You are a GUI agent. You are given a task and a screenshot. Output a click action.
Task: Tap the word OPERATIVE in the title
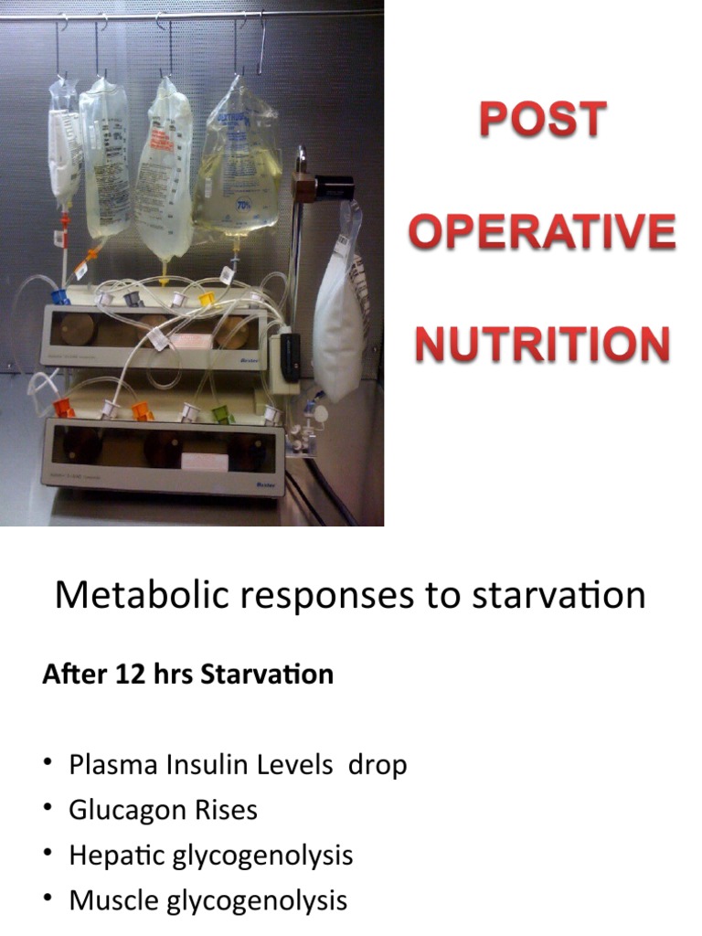543,231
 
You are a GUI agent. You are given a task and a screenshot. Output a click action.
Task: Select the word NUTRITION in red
543,345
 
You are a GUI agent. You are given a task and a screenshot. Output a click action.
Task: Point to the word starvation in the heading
558,596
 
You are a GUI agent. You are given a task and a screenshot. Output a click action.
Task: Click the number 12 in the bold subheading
124,675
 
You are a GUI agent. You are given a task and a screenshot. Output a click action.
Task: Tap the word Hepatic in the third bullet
111,856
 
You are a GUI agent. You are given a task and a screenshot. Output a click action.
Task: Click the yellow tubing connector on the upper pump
208,298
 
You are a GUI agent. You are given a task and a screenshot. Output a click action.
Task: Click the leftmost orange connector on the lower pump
64,408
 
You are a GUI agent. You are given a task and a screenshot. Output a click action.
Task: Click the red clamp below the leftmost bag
65,221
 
